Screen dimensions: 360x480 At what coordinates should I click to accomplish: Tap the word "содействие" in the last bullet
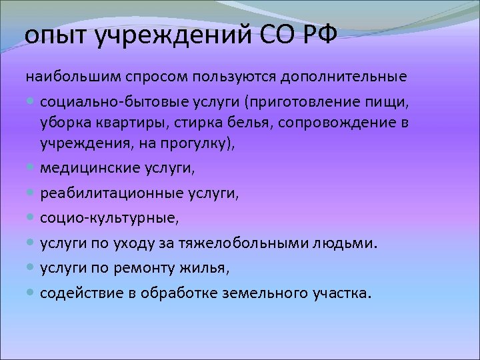click(x=79, y=293)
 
